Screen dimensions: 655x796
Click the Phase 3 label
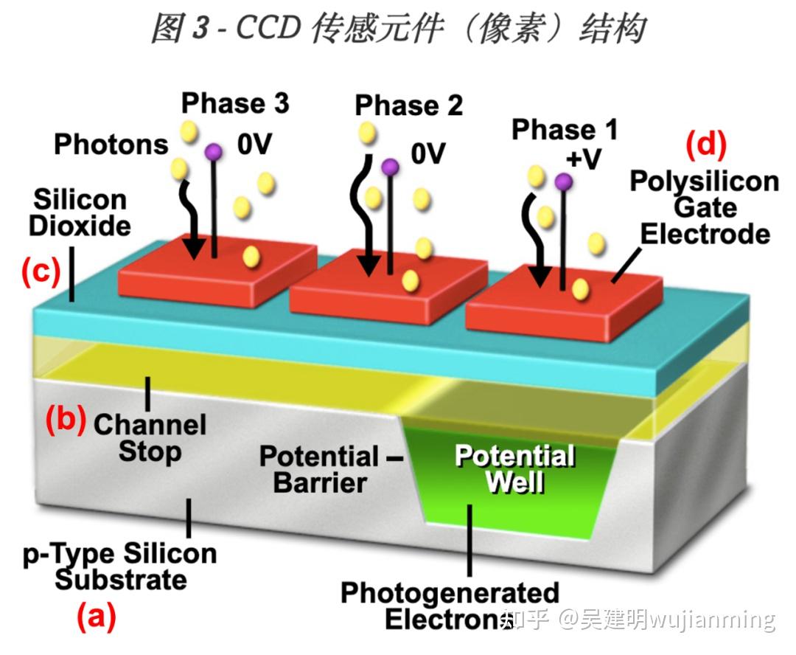click(x=235, y=103)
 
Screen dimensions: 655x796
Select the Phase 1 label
click(x=565, y=130)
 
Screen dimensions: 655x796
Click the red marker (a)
click(x=96, y=617)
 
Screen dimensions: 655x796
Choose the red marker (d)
click(x=705, y=145)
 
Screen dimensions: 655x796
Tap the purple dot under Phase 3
click(x=213, y=152)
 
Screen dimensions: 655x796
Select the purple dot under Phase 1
click(x=563, y=181)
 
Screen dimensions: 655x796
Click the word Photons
click(x=111, y=144)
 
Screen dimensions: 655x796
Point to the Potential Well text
click(x=514, y=468)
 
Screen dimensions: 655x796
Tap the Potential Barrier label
click(x=320, y=469)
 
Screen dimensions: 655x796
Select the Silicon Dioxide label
click(x=80, y=212)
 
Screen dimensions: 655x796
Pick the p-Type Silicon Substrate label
click(x=120, y=566)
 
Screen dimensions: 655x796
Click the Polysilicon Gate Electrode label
click(x=704, y=208)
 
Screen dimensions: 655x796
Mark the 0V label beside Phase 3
click(x=254, y=145)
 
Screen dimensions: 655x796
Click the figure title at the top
click(x=398, y=29)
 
